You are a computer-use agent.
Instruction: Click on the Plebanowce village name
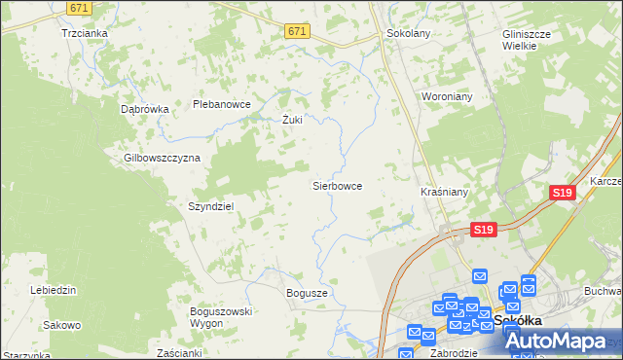coord(222,104)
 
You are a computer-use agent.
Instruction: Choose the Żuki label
coord(292,121)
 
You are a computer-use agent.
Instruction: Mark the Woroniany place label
coord(445,97)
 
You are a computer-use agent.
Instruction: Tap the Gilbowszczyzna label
coord(162,158)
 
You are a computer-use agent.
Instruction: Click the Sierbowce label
coord(337,185)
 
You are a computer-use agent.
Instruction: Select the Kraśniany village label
coord(444,193)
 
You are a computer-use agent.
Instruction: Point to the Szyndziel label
coord(211,206)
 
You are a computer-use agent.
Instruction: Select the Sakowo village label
coord(62,325)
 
